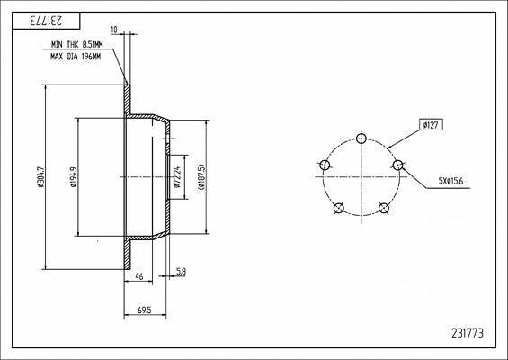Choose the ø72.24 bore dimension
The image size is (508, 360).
[177, 176]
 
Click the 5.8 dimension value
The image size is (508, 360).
[181, 271]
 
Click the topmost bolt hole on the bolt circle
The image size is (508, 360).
[361, 138]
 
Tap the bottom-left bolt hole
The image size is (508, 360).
[338, 208]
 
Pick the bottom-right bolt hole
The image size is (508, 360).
[384, 208]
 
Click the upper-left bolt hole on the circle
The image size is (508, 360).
[324, 165]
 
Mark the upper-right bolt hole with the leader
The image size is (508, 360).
[398, 165]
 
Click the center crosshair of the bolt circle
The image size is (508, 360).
[361, 177]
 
